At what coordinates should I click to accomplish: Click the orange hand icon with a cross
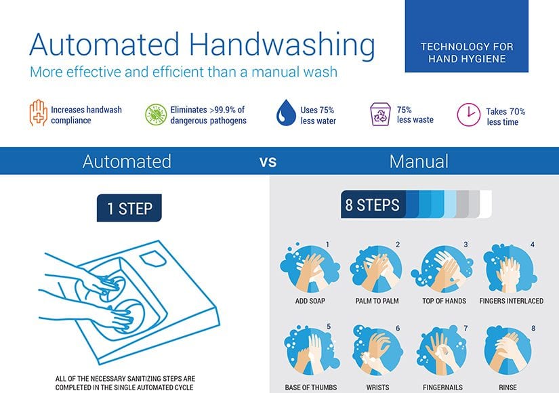(x=38, y=112)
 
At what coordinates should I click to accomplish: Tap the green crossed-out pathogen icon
(x=156, y=115)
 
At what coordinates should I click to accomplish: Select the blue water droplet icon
(x=286, y=112)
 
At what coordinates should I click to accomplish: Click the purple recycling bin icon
(x=380, y=114)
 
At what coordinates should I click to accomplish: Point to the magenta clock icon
(x=468, y=115)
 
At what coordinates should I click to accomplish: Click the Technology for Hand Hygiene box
(x=467, y=36)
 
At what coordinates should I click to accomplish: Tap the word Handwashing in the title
(x=282, y=45)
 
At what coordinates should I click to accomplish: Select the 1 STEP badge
(x=129, y=208)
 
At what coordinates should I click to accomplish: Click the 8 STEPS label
(x=372, y=205)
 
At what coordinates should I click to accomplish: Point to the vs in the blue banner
(x=268, y=161)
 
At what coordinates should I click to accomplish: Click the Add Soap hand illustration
(x=310, y=268)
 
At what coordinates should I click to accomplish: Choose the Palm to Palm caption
(x=377, y=301)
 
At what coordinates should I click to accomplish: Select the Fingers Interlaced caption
(x=511, y=301)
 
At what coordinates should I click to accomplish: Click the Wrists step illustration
(x=377, y=350)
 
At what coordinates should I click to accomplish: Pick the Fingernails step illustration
(x=444, y=350)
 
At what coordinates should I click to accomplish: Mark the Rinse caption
(x=508, y=388)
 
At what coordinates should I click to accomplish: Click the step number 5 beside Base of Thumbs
(x=329, y=327)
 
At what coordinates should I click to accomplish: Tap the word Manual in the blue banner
(x=419, y=161)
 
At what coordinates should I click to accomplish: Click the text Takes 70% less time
(x=505, y=117)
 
